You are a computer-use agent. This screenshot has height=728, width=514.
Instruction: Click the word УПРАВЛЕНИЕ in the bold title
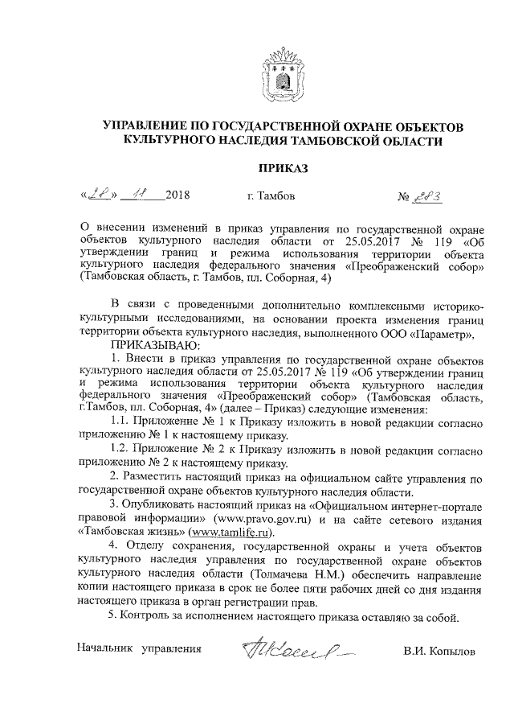148,127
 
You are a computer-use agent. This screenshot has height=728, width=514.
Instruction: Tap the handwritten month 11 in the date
142,195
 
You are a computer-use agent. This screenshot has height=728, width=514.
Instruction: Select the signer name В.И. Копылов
439,648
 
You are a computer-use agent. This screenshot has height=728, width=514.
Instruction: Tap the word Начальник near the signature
105,648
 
